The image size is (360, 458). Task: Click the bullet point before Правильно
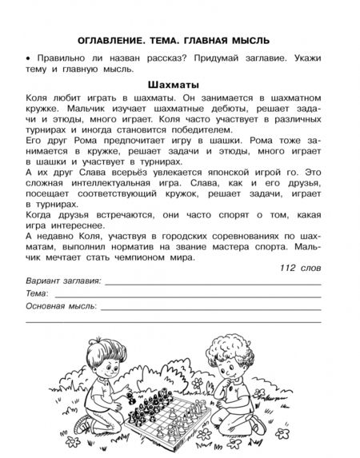[x=27, y=58]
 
